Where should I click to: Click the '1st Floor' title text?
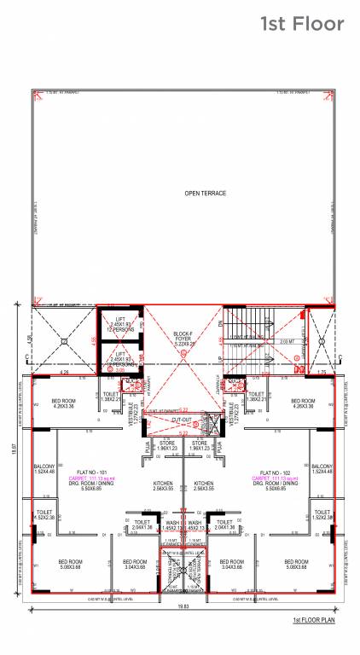point(302,24)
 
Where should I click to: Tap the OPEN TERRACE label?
point(206,194)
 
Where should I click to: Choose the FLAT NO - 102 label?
point(271,472)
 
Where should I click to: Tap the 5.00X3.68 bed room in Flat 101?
point(70,564)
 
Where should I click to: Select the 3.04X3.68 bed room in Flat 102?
point(231,564)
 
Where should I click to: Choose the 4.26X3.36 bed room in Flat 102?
point(304,403)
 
